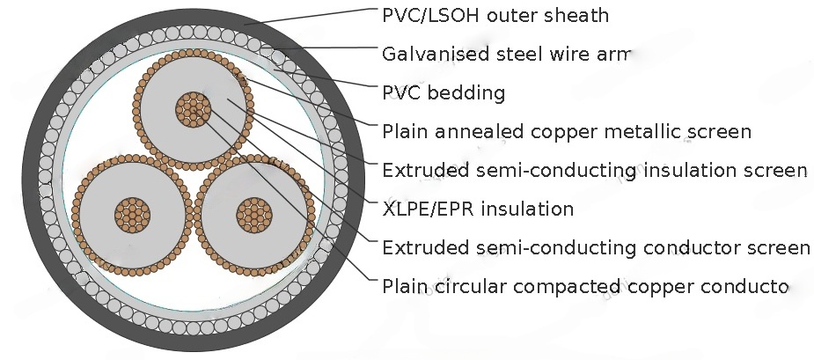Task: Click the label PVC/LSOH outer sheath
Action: [495, 16]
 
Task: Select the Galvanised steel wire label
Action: [507, 55]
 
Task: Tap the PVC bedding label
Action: [444, 92]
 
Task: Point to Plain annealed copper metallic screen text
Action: [567, 132]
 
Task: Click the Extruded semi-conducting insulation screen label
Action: [594, 170]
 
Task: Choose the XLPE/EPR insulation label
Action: [478, 209]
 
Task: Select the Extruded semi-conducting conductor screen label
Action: [596, 247]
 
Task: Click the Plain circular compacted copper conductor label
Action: [584, 286]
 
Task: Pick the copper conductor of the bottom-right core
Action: [252, 213]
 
